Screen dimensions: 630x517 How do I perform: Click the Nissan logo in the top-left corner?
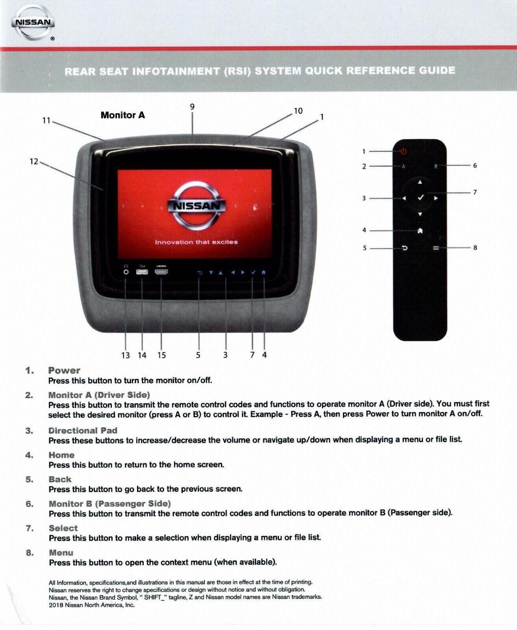click(x=33, y=22)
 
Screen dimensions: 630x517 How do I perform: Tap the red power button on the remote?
click(x=404, y=151)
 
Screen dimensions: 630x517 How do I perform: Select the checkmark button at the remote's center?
click(x=420, y=198)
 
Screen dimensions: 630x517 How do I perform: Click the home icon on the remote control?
click(x=420, y=231)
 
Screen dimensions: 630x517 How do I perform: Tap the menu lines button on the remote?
click(x=436, y=248)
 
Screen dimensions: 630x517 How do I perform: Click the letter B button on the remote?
click(x=436, y=167)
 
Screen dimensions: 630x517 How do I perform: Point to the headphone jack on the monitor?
click(x=126, y=272)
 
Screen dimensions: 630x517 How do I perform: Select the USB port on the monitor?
click(x=142, y=272)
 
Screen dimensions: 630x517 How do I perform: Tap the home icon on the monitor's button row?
click(x=264, y=272)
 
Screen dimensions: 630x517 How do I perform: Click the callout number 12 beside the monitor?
click(x=34, y=161)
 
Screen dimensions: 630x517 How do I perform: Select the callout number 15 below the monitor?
click(x=161, y=355)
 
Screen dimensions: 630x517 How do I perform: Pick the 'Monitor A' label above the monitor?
click(x=122, y=115)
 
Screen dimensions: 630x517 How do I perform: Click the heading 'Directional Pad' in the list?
click(x=83, y=430)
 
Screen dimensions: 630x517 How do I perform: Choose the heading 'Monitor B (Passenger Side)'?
click(x=109, y=504)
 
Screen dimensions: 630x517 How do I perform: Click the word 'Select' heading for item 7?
click(x=63, y=528)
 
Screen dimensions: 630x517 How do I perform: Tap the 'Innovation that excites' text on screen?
click(x=196, y=242)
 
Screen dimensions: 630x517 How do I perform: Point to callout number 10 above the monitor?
click(x=298, y=111)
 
